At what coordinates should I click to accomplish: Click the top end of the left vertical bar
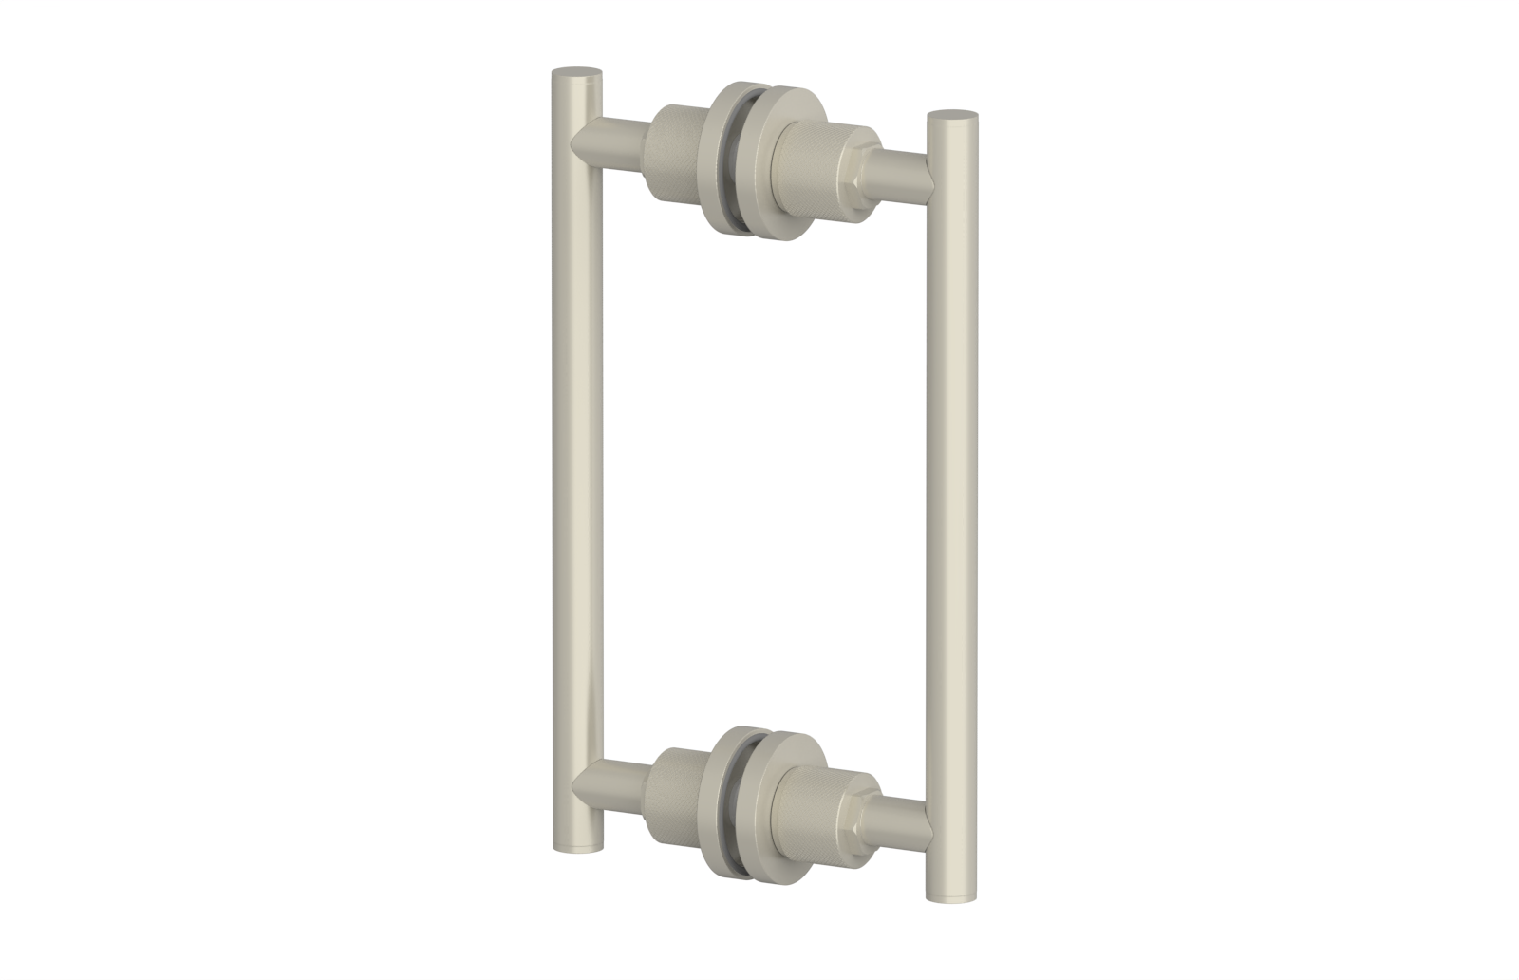point(577,73)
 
